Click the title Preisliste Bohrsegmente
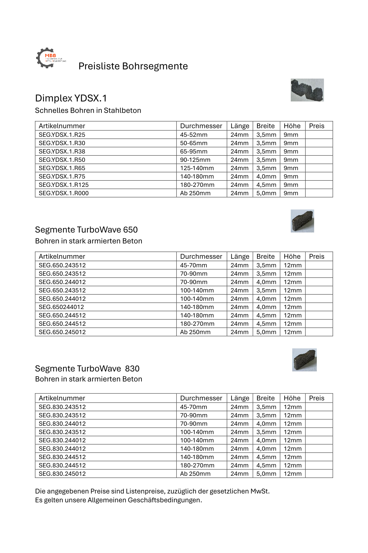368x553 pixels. (x=133, y=66)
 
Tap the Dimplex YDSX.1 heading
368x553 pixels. (x=71, y=98)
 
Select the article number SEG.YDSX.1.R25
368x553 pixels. (x=62, y=135)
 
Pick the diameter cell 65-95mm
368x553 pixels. (x=194, y=151)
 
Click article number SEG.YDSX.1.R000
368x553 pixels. (x=63, y=193)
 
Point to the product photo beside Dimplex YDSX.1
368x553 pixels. (x=307, y=90)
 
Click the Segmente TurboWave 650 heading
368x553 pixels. (x=86, y=230)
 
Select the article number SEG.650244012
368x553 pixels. (x=61, y=307)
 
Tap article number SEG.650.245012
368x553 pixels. (x=62, y=332)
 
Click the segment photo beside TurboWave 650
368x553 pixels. (x=302, y=221)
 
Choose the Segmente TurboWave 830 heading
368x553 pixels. (x=87, y=368)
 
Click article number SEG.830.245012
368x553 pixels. (x=62, y=474)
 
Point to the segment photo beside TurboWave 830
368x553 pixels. (x=304, y=360)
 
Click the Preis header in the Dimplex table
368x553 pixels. (x=316, y=126)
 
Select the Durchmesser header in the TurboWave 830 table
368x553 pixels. (x=201, y=398)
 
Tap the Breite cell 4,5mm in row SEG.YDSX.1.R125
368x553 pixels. (x=266, y=185)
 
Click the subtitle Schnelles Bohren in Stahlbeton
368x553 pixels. (x=88, y=110)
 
